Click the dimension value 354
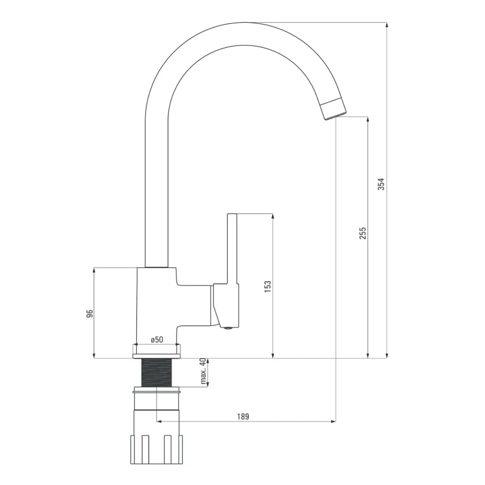click(x=381, y=184)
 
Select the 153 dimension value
click(x=268, y=286)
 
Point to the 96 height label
click(x=89, y=314)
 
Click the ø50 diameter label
click(x=157, y=339)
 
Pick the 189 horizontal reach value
click(x=243, y=416)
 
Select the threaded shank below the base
click(x=156, y=372)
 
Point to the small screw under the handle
click(x=228, y=328)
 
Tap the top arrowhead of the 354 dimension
click(x=387, y=25)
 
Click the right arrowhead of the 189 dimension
click(x=333, y=421)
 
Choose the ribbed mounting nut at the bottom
click(x=156, y=443)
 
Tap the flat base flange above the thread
click(x=156, y=356)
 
